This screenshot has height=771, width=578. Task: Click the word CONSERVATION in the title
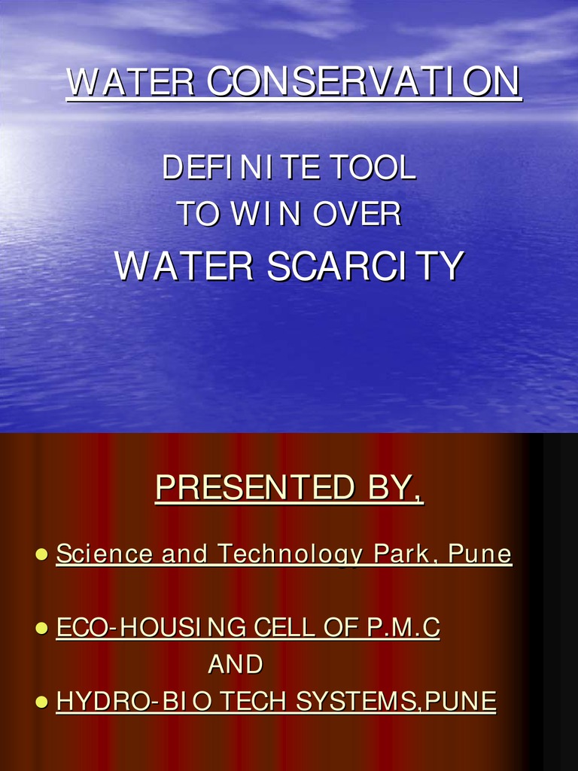(364, 83)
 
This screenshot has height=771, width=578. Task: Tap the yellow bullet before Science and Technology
(42, 555)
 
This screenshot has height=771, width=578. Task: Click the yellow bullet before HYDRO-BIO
(42, 702)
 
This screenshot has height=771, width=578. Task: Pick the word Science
(106, 554)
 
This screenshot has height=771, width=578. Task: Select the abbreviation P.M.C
(403, 627)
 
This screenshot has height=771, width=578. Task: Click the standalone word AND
(236, 664)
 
